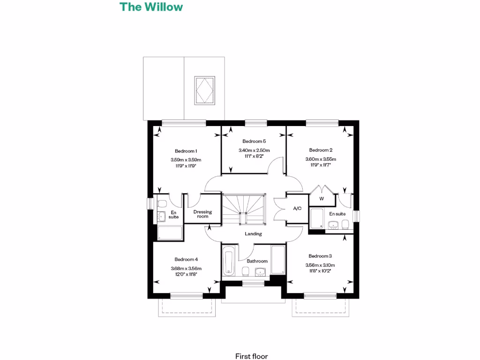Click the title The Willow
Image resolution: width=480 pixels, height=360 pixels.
coord(151,7)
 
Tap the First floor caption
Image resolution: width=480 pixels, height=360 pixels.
coord(252,356)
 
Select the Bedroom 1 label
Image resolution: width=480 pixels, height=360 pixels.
coord(186,151)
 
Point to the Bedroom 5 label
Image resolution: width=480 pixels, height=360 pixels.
coord(254,141)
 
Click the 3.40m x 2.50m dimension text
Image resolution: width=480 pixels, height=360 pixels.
coord(254,150)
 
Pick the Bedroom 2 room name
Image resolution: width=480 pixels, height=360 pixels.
coord(321,150)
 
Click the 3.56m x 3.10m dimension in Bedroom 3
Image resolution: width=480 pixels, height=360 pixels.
coord(320,265)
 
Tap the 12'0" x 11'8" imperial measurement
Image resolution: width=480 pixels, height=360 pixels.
coord(186,275)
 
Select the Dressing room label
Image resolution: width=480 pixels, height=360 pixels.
coord(202,214)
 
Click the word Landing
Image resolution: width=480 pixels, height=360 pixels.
coord(253,233)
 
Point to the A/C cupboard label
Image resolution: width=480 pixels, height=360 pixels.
coord(297,208)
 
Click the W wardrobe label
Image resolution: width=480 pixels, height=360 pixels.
coord(322,198)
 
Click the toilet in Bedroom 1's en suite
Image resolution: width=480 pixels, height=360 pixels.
coord(162,204)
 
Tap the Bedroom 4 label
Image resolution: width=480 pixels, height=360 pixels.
coord(186,259)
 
